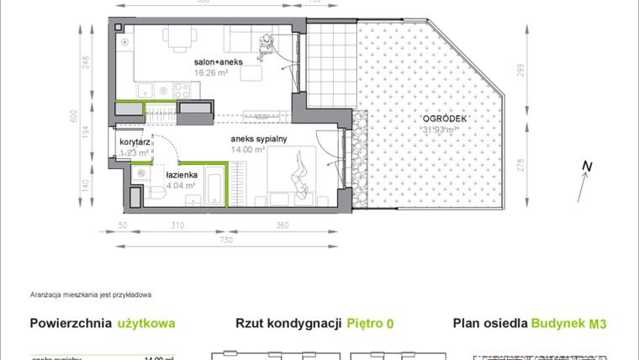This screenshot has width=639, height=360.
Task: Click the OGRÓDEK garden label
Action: point(443,119)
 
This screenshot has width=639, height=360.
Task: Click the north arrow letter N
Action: point(585,166)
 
